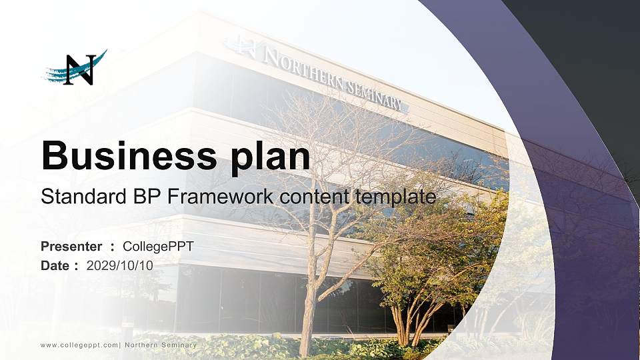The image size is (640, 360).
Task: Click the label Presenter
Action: tap(71, 246)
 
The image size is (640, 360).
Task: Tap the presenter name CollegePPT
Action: tap(158, 246)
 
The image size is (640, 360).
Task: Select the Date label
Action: tap(55, 265)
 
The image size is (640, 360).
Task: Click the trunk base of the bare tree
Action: tap(307, 343)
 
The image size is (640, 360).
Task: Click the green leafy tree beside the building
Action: tap(427, 253)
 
